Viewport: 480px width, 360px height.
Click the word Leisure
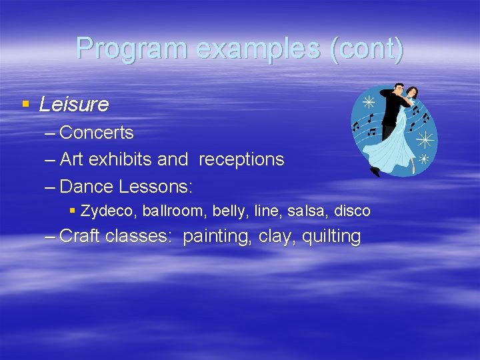pyautogui.click(x=74, y=105)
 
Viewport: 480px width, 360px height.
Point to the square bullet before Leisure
pyautogui.click(x=26, y=104)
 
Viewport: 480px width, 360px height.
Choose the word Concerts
pyautogui.click(x=97, y=133)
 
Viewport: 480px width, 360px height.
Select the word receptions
pyautogui.click(x=241, y=159)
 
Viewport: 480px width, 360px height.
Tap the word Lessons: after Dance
pyautogui.click(x=160, y=186)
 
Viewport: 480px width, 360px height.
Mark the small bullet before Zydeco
pyautogui.click(x=73, y=211)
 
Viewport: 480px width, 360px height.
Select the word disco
pyautogui.click(x=352, y=211)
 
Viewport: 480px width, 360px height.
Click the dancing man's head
pyautogui.click(x=398, y=88)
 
